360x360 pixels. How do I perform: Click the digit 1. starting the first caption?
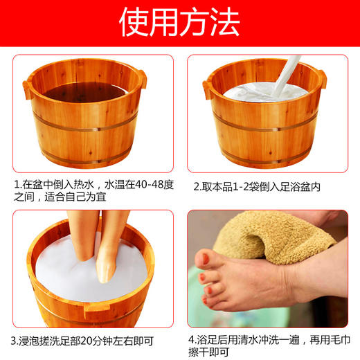(17, 186)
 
